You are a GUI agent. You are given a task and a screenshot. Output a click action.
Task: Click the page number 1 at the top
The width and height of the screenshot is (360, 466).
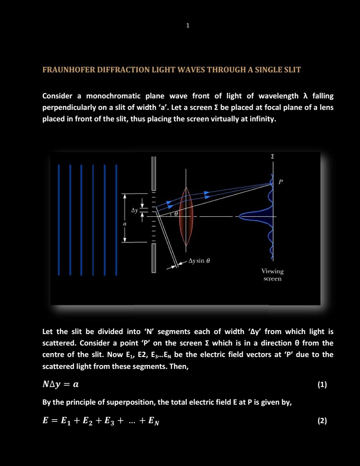(187, 26)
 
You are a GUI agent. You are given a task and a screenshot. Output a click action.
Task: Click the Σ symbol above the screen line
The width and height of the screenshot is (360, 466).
(272, 157)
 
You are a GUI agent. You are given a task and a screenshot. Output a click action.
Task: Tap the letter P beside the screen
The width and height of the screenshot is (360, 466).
(281, 181)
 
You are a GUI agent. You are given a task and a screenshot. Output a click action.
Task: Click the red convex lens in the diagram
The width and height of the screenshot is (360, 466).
(186, 217)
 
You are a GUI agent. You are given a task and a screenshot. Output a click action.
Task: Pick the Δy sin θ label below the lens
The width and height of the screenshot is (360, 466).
(199, 260)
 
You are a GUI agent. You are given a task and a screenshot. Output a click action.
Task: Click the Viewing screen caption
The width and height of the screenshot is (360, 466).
(272, 275)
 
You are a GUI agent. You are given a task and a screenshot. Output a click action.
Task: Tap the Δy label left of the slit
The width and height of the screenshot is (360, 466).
(134, 211)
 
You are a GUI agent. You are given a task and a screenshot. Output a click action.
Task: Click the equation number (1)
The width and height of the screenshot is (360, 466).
(322, 384)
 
